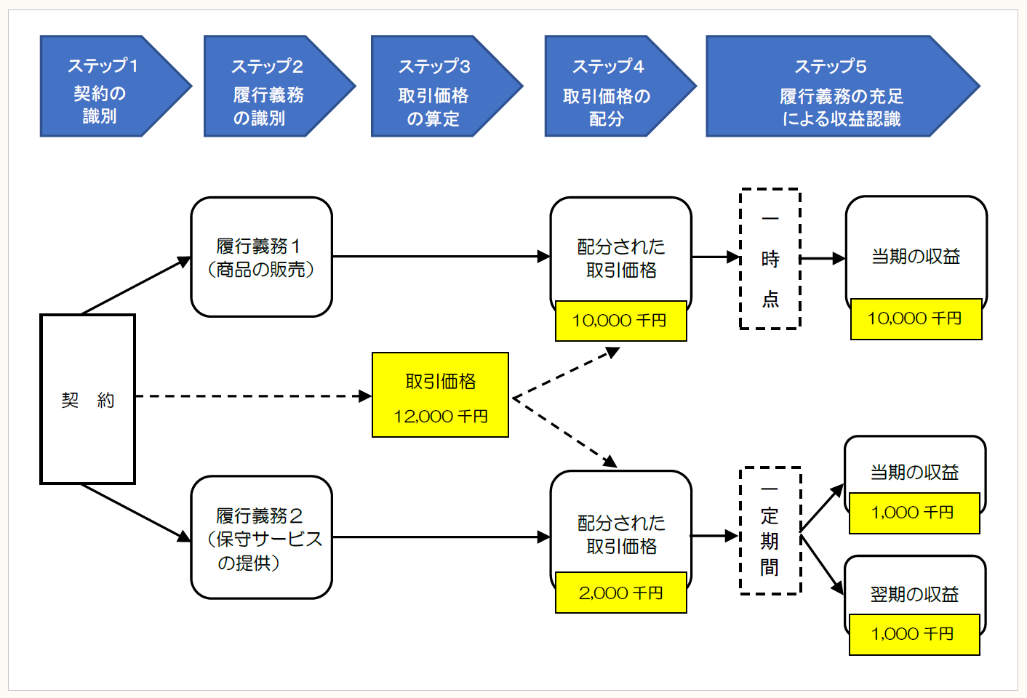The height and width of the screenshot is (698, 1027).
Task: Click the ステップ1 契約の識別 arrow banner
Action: click(105, 87)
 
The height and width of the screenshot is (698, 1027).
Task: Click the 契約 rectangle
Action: click(88, 399)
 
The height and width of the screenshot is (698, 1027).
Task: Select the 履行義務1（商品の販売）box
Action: click(261, 257)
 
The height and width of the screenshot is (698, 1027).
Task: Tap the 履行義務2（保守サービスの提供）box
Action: click(261, 538)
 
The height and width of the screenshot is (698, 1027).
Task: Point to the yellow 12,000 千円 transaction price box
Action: click(440, 395)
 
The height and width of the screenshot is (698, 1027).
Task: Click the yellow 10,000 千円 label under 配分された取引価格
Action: click(620, 321)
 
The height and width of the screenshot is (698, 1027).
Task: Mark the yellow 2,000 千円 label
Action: click(620, 593)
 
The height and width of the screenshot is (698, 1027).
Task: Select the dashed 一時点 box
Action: click(770, 259)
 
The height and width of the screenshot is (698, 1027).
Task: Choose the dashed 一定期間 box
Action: click(770, 531)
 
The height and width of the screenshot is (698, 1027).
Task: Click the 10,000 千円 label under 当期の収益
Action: click(916, 318)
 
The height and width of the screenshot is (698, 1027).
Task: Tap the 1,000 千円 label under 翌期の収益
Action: click(914, 634)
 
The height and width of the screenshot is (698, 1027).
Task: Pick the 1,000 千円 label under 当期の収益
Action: click(914, 513)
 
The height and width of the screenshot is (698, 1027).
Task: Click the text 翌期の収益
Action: click(914, 594)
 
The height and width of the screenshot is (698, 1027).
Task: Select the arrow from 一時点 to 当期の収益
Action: click(823, 258)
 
